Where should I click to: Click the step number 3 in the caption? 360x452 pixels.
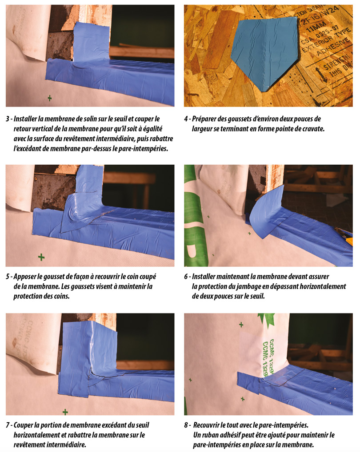click(x=8, y=119)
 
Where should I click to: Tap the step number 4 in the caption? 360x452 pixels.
click(x=186, y=119)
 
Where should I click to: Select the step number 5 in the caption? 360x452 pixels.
click(x=8, y=277)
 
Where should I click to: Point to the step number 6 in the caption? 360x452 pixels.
click(x=186, y=277)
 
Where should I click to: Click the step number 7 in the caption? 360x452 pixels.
click(x=8, y=425)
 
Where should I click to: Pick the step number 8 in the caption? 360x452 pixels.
click(x=186, y=425)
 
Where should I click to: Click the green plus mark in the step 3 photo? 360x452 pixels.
click(x=50, y=98)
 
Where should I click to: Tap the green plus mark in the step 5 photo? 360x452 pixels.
click(x=41, y=257)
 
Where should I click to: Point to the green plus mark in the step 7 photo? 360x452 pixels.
click(x=65, y=412)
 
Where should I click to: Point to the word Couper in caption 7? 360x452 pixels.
click(x=23, y=425)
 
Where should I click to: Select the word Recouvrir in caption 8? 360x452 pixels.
click(x=206, y=425)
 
